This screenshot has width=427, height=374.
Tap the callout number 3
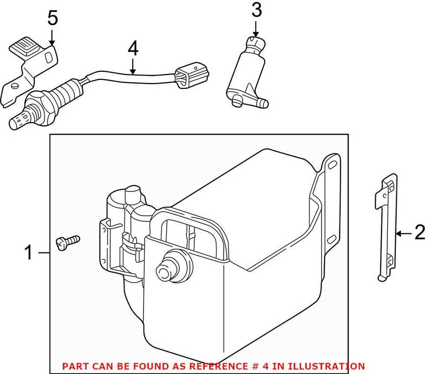[x=256, y=9]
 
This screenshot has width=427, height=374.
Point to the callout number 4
[x=133, y=48]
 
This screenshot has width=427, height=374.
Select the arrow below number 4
[x=133, y=66]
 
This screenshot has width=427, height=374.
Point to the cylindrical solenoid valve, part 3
[x=245, y=75]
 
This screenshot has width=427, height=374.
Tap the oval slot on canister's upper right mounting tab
[x=332, y=164]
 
